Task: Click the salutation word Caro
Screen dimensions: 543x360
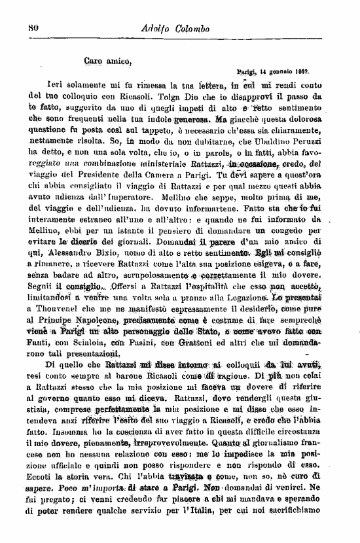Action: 95,62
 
